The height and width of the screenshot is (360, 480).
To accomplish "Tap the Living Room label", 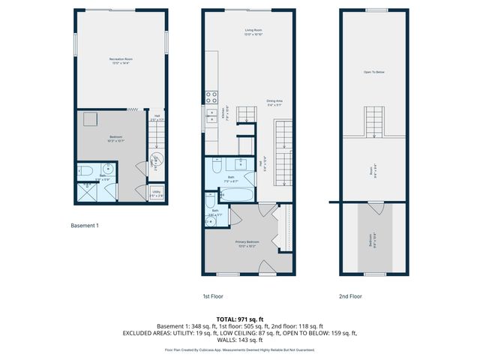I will pos(252,32).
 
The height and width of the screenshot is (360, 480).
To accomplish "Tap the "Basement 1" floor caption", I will pos(85,225).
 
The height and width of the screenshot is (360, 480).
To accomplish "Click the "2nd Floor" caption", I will pos(350,296).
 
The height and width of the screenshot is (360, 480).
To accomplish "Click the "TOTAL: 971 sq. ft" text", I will pos(239,319).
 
